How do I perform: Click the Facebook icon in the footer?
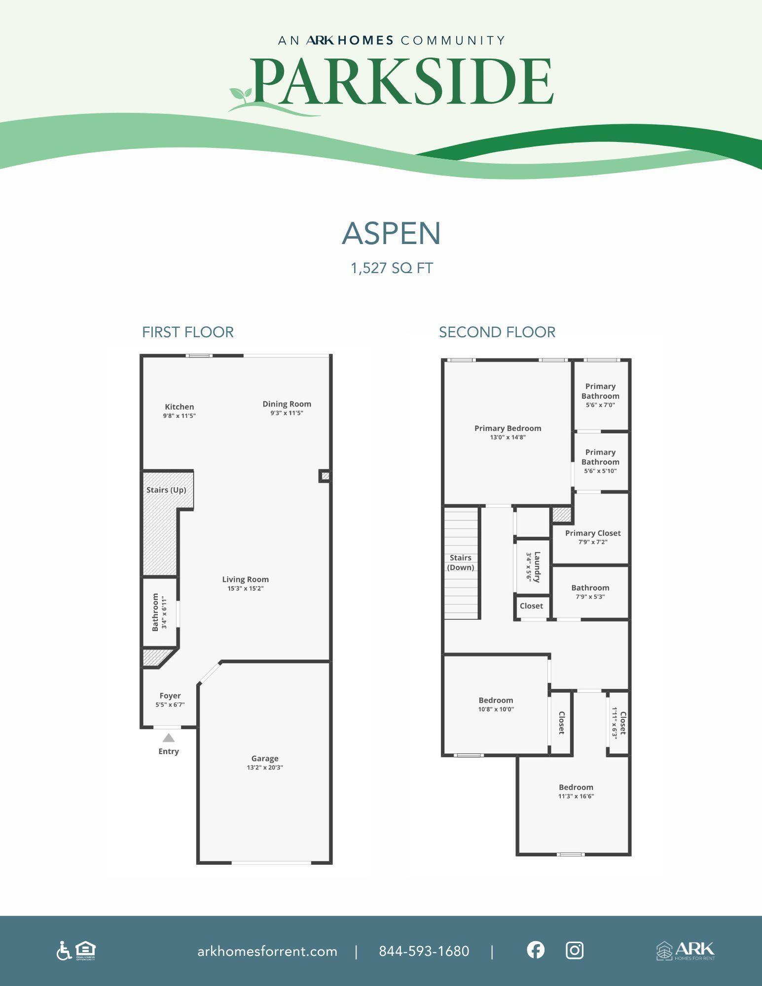point(536,950)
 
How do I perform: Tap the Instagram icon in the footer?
point(575,950)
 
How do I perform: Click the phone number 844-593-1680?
point(424,951)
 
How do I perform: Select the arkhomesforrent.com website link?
point(267,951)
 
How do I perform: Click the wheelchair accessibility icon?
point(64,951)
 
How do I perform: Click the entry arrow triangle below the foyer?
point(169,738)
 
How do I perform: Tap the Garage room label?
point(265,758)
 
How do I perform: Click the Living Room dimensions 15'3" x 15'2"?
point(246,588)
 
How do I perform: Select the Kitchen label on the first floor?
point(180,407)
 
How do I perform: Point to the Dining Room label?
point(287,404)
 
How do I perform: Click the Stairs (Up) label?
point(166,490)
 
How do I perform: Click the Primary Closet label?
point(593,533)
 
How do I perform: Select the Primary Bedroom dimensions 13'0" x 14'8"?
point(508,437)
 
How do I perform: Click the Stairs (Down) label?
point(461,563)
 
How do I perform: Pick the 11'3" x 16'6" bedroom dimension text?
point(576,796)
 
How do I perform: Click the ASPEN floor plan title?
point(391,233)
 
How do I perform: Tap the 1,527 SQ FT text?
point(392,268)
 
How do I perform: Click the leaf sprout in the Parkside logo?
point(240,95)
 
